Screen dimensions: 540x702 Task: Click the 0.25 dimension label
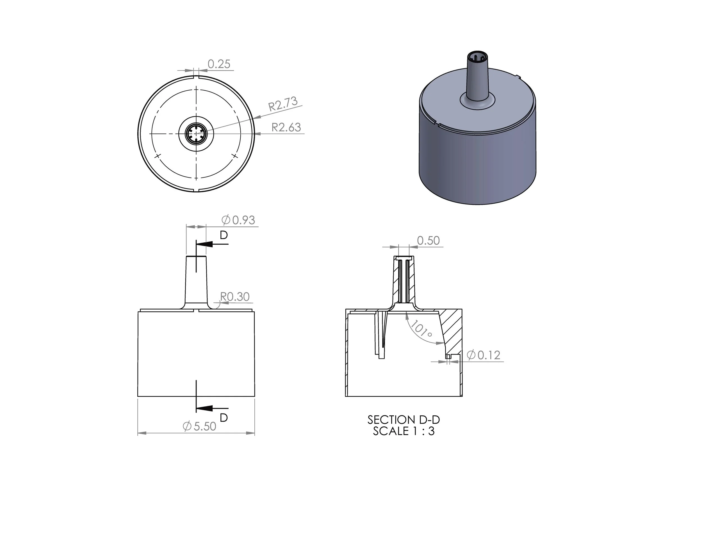click(219, 64)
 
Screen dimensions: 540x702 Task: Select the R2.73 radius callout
click(283, 104)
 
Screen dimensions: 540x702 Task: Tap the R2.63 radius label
click(286, 127)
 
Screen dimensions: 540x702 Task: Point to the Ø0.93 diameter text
click(238, 220)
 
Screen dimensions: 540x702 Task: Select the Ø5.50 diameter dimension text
click(199, 426)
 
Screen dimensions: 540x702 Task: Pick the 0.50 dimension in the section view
click(428, 240)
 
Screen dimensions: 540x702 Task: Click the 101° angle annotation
click(421, 329)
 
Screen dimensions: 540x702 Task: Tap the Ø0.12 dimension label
click(484, 355)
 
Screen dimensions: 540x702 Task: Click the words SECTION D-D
click(404, 420)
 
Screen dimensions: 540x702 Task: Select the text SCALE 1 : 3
click(404, 431)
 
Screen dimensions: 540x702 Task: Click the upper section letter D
click(224, 235)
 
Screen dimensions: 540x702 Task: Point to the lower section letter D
click(224, 418)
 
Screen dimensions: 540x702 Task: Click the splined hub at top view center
click(196, 134)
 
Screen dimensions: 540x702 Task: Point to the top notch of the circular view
click(196, 77)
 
